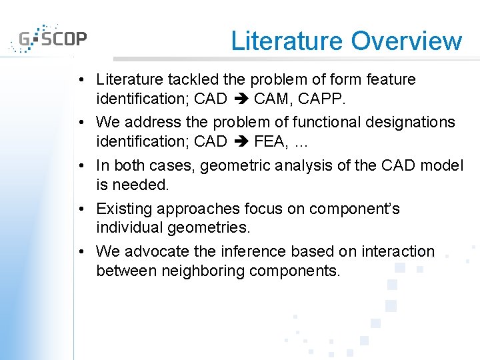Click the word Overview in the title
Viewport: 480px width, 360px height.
406,41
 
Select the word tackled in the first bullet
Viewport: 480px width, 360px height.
195,80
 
